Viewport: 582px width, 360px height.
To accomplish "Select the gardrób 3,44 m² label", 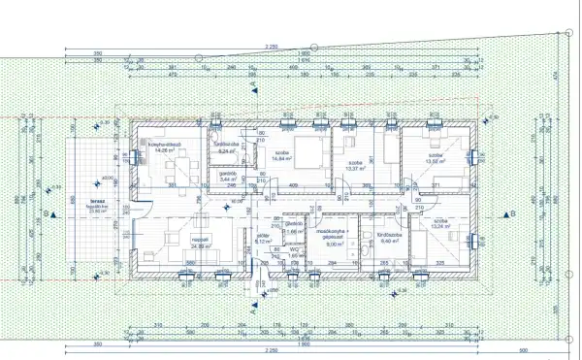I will (x=229, y=177).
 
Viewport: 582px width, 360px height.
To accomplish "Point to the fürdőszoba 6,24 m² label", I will (x=228, y=148).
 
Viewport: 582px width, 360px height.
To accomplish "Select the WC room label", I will (x=292, y=252).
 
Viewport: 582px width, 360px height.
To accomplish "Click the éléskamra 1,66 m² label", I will (x=291, y=229).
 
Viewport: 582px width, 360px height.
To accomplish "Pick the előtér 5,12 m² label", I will (x=263, y=238).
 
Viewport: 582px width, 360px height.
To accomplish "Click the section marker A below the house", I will (x=253, y=313).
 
